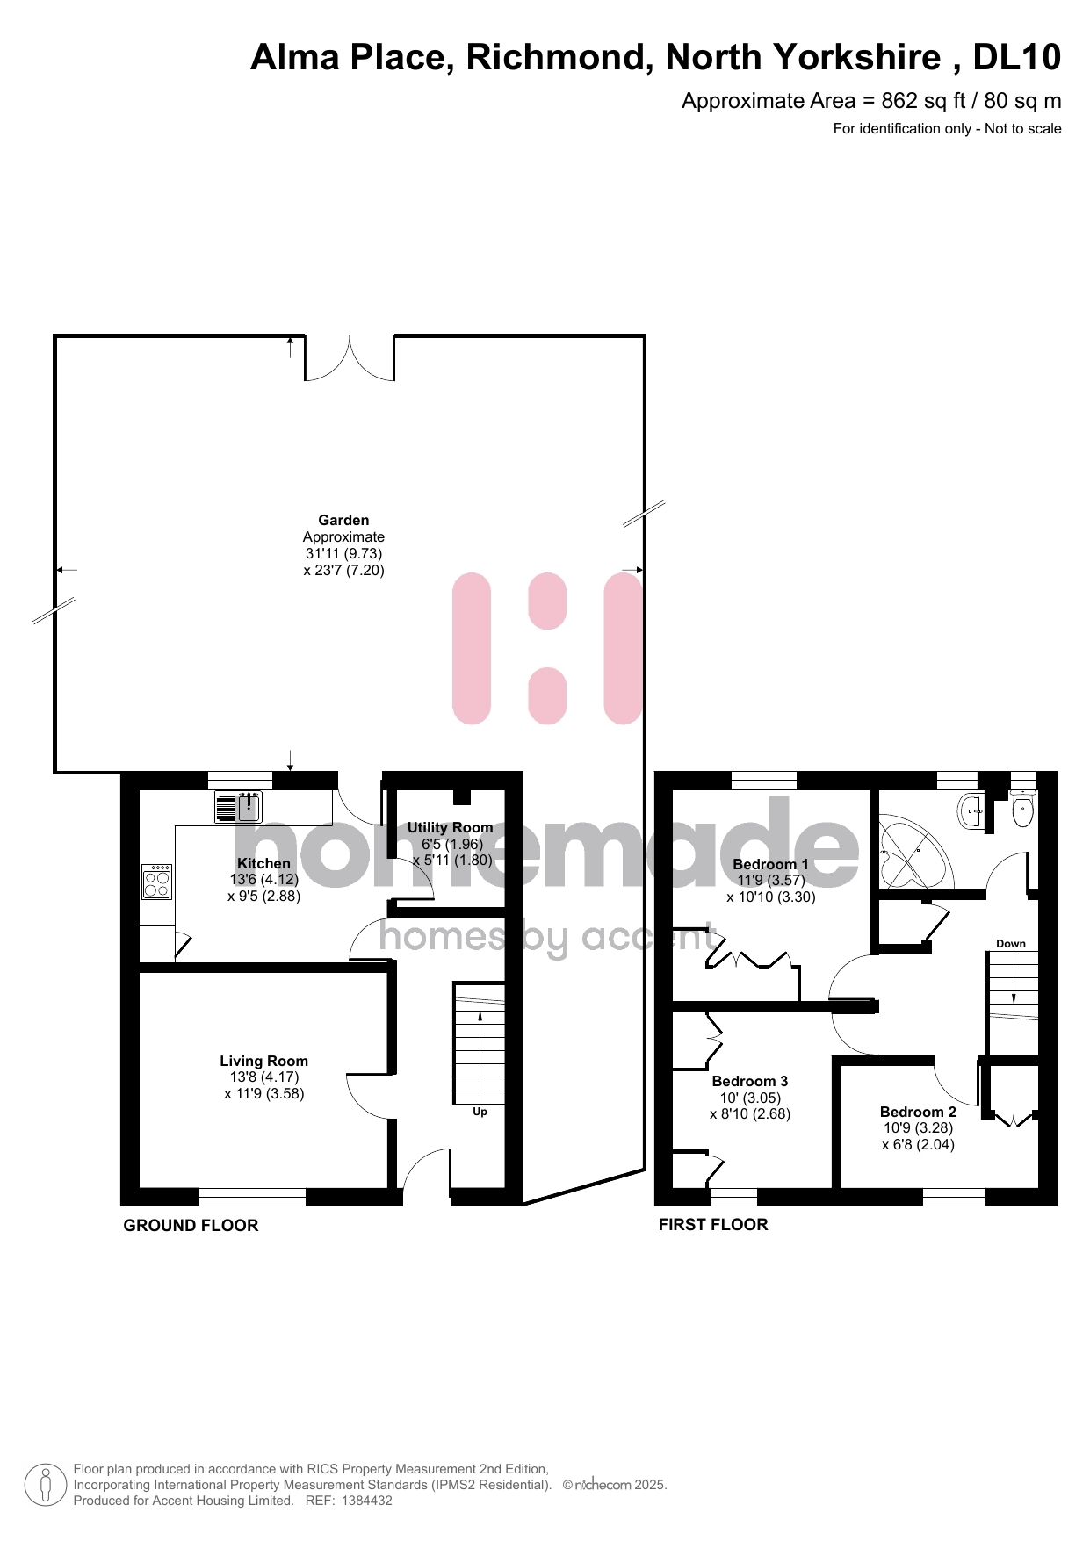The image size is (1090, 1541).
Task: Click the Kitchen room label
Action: (x=263, y=863)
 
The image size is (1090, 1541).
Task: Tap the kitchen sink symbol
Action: (x=239, y=807)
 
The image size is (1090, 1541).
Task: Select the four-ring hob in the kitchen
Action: (x=157, y=882)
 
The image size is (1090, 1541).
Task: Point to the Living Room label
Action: (x=263, y=1061)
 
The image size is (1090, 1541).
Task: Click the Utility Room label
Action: (x=450, y=827)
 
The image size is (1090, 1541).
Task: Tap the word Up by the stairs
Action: (x=480, y=1112)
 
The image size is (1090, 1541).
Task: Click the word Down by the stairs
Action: (x=1011, y=944)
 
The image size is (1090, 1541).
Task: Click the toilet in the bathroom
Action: (x=1023, y=809)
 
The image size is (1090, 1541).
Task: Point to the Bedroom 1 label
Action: (x=770, y=864)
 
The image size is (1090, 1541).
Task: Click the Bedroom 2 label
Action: (x=918, y=1112)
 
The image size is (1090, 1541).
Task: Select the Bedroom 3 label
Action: (x=750, y=1081)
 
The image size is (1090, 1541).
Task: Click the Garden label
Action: (x=343, y=520)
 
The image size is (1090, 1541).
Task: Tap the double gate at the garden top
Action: (x=350, y=361)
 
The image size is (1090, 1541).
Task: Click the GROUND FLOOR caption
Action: (x=191, y=1226)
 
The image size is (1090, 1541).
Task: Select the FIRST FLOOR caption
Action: (x=713, y=1225)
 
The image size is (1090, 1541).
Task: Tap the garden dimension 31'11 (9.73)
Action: (x=343, y=553)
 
